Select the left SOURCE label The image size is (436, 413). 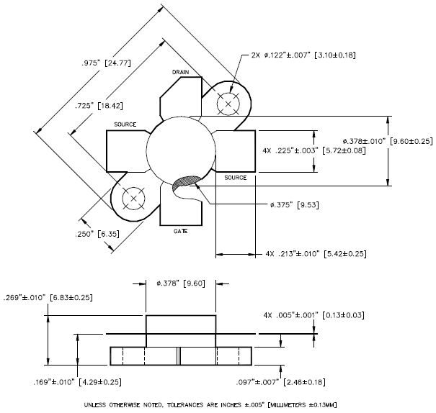[125, 124]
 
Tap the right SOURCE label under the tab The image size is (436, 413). [235, 178]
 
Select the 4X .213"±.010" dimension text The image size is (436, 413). [307, 254]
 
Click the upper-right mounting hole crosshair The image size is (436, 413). [229, 104]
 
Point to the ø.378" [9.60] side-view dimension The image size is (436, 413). [180, 283]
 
